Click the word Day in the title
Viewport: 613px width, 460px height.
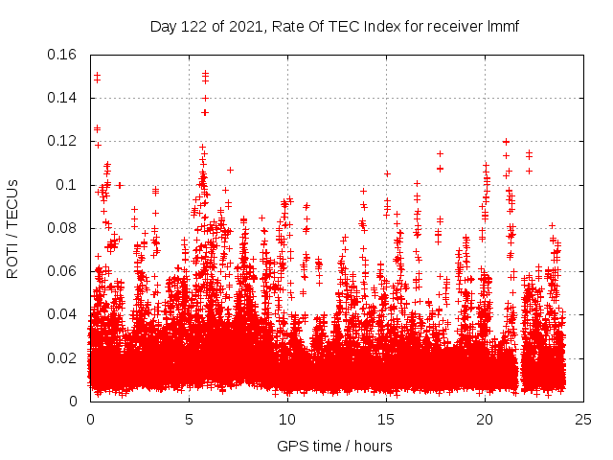[x=164, y=26]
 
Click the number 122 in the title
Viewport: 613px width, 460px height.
[x=194, y=26]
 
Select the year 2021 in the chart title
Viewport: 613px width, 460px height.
[x=244, y=26]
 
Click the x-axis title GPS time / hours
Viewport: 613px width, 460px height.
[x=334, y=446]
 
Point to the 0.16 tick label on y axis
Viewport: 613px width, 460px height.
[x=62, y=55]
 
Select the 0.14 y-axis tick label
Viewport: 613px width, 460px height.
[x=62, y=98]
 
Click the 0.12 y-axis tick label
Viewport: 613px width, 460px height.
[x=62, y=141]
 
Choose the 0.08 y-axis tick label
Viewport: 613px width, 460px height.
[x=62, y=228]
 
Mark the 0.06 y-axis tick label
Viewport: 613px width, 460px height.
[x=62, y=271]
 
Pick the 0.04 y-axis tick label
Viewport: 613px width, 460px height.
[x=62, y=314]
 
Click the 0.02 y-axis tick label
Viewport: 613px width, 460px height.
[x=62, y=357]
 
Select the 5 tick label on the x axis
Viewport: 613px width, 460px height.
[x=190, y=420]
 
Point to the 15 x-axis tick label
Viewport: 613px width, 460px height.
[x=387, y=420]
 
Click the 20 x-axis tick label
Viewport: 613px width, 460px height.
[x=486, y=420]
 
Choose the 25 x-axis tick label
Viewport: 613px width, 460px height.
[x=584, y=420]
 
